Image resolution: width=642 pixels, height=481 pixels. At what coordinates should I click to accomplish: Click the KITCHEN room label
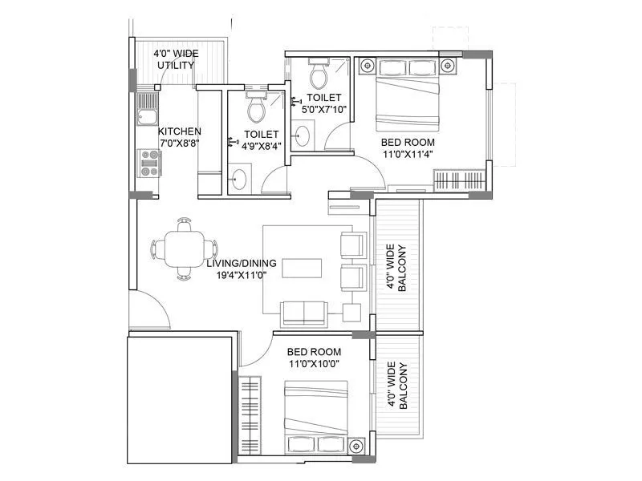click(179, 131)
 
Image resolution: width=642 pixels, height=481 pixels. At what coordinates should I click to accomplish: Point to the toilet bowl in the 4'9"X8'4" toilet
click(256, 107)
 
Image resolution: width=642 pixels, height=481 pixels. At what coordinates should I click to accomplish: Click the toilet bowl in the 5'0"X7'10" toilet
click(318, 76)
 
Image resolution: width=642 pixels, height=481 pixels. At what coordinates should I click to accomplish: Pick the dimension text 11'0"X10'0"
click(315, 363)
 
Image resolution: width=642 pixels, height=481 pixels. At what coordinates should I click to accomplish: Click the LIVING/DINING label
click(241, 263)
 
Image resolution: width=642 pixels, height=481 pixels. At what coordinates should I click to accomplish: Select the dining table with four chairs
click(184, 249)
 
